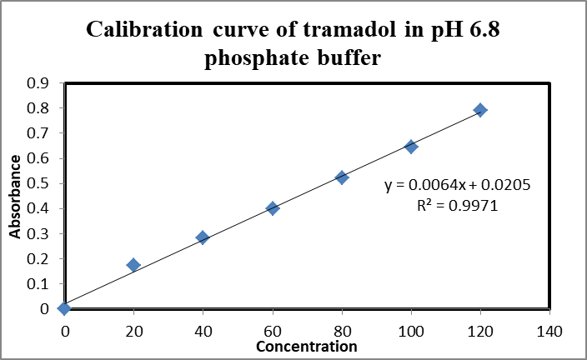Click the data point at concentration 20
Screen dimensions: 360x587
133,265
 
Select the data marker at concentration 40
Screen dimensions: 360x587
203,237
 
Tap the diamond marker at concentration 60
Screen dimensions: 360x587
272,208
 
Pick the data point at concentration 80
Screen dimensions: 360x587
342,177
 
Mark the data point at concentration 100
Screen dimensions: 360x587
411,147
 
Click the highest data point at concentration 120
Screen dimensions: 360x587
480,110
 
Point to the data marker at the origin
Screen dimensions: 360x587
64,308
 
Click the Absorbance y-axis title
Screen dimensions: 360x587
16,195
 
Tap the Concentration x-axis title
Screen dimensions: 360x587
306,346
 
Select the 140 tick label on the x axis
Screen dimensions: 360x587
549,331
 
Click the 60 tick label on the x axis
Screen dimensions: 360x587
272,331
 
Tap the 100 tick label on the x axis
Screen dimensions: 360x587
410,331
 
